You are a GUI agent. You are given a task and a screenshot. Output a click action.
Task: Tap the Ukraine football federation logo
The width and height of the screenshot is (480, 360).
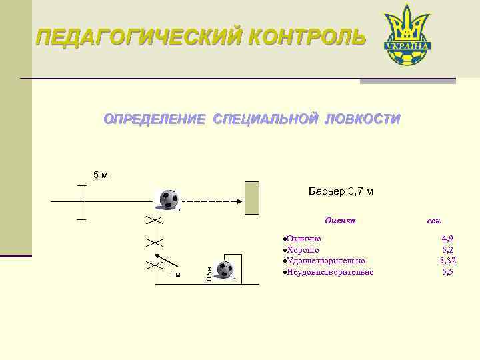[406, 37]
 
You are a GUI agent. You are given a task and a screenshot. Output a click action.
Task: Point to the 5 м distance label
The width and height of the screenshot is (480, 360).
[100, 175]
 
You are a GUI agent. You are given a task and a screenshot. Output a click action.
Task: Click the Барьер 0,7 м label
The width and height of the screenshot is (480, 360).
[341, 192]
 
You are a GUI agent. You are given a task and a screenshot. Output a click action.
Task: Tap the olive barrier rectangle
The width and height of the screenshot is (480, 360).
[251, 197]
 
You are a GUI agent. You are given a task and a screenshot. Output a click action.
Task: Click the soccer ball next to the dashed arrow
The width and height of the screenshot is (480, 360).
[169, 199]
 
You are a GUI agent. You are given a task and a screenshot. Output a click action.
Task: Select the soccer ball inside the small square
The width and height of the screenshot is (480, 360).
[225, 269]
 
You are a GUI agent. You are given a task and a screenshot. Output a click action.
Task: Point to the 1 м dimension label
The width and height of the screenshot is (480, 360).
[174, 275]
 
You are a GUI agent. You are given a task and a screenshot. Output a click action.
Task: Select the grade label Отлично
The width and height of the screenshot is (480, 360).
[303, 238]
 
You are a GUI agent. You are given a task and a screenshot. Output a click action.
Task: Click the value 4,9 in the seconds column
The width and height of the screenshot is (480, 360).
[448, 238]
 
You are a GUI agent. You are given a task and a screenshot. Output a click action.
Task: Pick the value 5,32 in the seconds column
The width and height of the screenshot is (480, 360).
[447, 261]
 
